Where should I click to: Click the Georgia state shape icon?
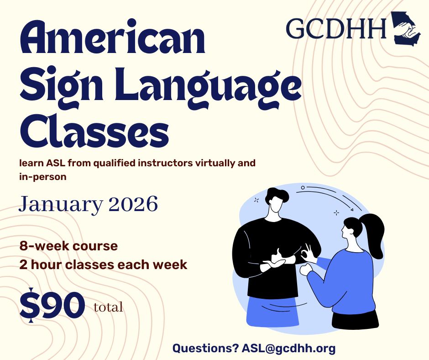point(406,28)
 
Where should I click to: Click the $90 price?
point(52,305)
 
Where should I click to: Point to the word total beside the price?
point(108,307)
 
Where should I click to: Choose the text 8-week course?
point(68,246)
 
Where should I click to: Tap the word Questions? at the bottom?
point(205,348)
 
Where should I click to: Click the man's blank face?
point(274,206)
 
